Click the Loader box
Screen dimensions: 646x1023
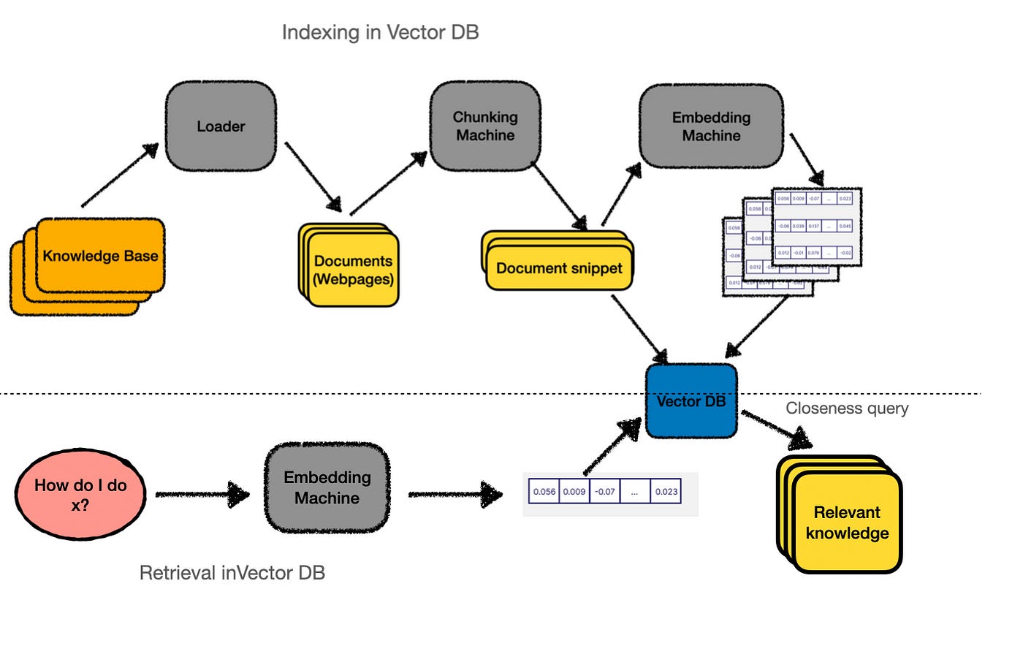pyautogui.click(x=221, y=126)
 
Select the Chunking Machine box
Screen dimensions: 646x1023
pyautogui.click(x=484, y=126)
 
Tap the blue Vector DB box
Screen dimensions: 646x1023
pyautogui.click(x=691, y=401)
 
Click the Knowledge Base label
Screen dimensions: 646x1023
pyautogui.click(x=100, y=256)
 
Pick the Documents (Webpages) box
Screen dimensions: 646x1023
pyautogui.click(x=353, y=270)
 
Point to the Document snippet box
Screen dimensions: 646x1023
pyautogui.click(x=559, y=268)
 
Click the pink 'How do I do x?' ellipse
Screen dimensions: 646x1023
pyautogui.click(x=80, y=495)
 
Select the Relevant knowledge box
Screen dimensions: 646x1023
pyautogui.click(x=847, y=522)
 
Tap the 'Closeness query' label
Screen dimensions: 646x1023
pyautogui.click(x=847, y=408)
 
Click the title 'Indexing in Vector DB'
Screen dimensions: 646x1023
pyautogui.click(x=380, y=32)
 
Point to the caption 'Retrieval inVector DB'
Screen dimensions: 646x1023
pyautogui.click(x=232, y=572)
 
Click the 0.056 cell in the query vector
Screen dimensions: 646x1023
pyautogui.click(x=544, y=492)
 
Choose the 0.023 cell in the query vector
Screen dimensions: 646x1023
pyautogui.click(x=666, y=492)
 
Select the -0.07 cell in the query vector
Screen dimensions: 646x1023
pyautogui.click(x=604, y=492)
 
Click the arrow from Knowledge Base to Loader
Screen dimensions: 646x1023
pyautogui.click(x=119, y=175)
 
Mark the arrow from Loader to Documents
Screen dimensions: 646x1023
pyautogui.click(x=313, y=176)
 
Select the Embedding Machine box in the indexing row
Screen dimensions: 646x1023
pyautogui.click(x=711, y=126)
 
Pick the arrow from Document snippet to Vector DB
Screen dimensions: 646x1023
pyautogui.click(x=639, y=327)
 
